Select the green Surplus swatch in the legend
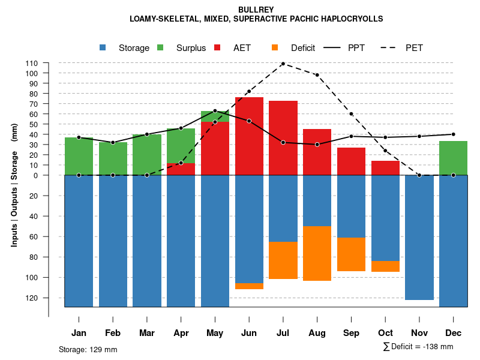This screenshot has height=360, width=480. [161, 48]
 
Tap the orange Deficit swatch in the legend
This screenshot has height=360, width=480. [275, 48]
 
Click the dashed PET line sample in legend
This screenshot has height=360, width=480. [391, 48]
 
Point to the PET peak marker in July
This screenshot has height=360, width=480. [283, 63]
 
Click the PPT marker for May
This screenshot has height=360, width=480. [215, 111]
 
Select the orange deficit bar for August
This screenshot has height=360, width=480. [317, 253]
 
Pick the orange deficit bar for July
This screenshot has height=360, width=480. [283, 260]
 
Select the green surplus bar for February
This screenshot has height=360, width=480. [113, 159]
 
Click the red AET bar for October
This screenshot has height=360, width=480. [385, 168]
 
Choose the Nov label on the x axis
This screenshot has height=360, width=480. [419, 333]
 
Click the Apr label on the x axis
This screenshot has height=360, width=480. [181, 333]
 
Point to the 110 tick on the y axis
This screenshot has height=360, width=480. [32, 63]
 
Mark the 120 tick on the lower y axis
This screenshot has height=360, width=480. [32, 298]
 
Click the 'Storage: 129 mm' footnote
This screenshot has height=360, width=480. [88, 349]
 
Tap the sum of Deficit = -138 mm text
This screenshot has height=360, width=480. [418, 347]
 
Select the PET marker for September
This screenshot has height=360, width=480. [351, 114]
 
